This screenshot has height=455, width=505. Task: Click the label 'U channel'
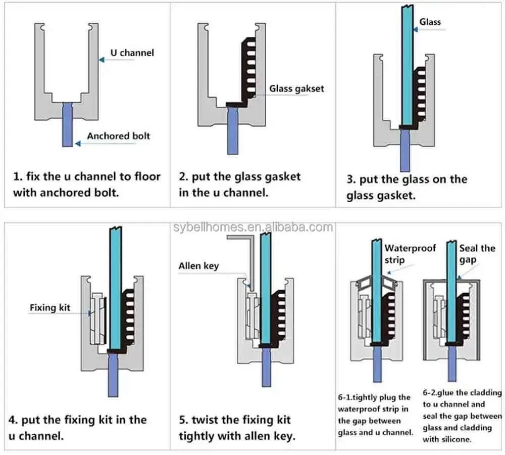(x=132, y=53)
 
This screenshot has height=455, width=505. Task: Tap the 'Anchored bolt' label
(x=118, y=136)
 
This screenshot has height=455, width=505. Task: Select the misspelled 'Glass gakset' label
(x=296, y=89)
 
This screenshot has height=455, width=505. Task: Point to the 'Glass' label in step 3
(x=430, y=22)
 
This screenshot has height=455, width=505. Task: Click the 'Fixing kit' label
(x=50, y=307)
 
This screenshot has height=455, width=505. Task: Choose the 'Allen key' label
(x=199, y=266)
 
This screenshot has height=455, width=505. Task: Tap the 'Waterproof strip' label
(x=402, y=254)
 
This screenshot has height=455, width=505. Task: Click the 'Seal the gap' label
(x=477, y=254)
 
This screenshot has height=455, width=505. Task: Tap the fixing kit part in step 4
(x=97, y=318)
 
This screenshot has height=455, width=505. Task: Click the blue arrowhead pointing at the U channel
(x=101, y=60)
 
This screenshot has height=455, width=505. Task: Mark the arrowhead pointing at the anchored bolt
(x=77, y=144)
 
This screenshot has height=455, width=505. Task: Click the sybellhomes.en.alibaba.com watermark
(x=252, y=227)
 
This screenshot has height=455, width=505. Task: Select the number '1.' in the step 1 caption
(x=18, y=177)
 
